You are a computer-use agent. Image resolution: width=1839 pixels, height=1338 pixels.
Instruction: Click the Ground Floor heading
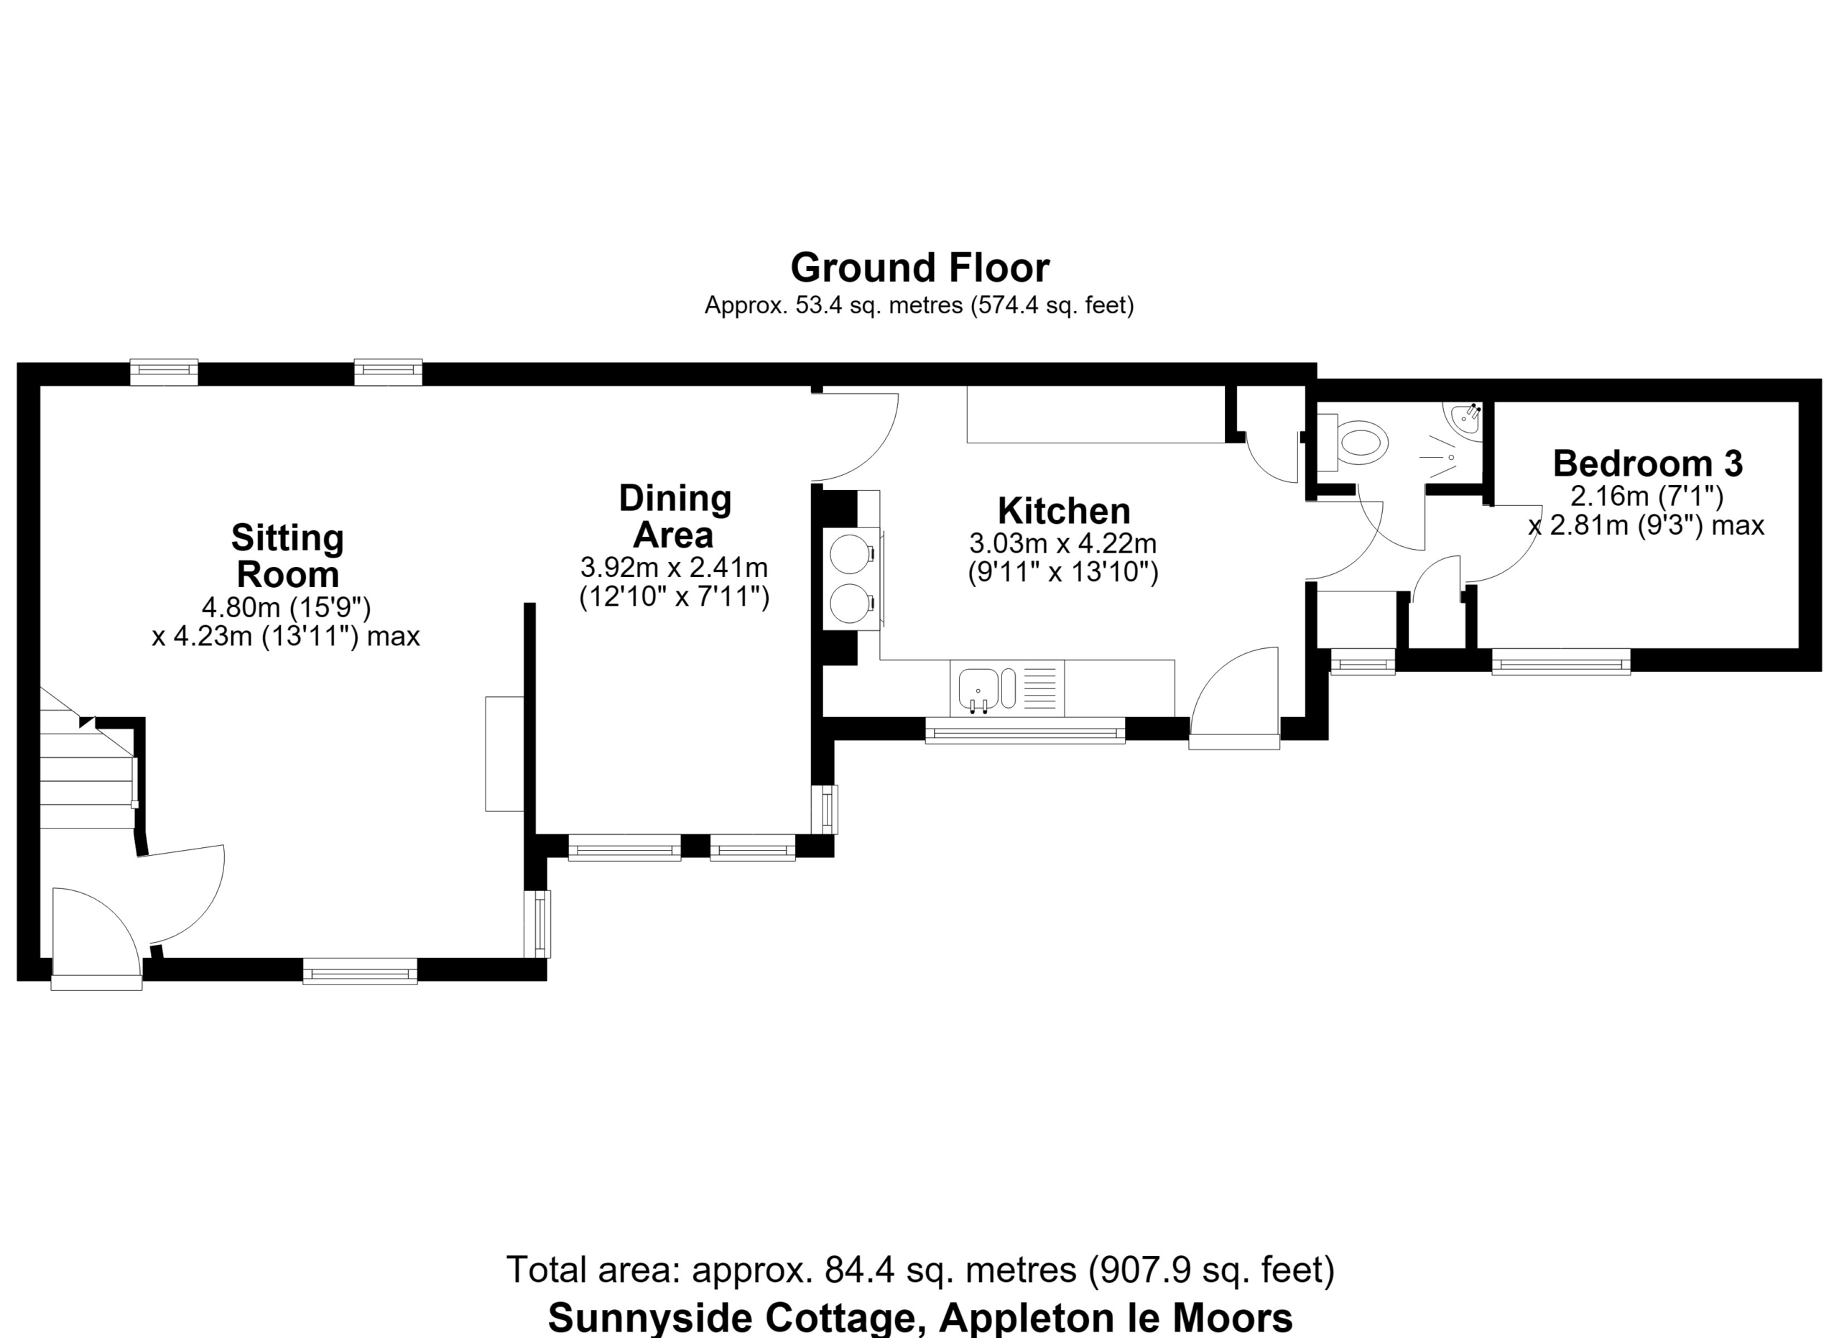point(919,267)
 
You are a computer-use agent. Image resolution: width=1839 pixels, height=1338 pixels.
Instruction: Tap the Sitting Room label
point(288,556)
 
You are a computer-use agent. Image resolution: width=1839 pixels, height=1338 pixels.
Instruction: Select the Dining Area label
point(675,517)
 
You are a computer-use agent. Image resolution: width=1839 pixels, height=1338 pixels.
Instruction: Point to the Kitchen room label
point(1064,511)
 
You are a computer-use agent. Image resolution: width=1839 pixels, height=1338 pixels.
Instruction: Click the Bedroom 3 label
point(1648,463)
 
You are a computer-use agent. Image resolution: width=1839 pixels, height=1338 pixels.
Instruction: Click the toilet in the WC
point(1353,443)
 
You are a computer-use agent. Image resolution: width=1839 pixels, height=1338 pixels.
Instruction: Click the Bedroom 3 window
point(1561,662)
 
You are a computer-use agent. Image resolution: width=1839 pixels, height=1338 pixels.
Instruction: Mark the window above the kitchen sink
point(1025,730)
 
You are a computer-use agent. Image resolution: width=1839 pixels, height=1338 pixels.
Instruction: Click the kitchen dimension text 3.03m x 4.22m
point(1063,543)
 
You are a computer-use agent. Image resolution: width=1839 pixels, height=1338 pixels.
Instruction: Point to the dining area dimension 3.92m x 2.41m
point(674,566)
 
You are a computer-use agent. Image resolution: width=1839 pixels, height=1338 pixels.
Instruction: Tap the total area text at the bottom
point(920,1269)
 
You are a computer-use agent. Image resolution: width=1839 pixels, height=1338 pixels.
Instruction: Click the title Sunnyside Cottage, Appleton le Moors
point(920,1318)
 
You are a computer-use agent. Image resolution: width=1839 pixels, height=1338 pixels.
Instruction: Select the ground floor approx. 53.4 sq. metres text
point(919,305)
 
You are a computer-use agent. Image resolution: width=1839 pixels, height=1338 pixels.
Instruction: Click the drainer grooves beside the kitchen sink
point(1042,688)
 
